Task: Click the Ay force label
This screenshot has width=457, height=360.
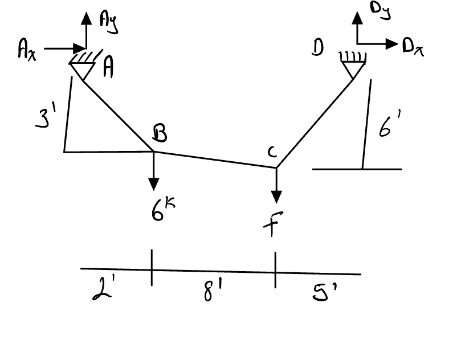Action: pyautogui.click(x=108, y=23)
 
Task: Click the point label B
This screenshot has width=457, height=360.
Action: pyautogui.click(x=160, y=134)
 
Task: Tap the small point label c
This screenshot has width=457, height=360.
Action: pyautogui.click(x=272, y=152)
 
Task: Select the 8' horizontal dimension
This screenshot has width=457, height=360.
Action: pyautogui.click(x=212, y=293)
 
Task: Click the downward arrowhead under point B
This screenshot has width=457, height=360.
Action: pyautogui.click(x=153, y=185)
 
